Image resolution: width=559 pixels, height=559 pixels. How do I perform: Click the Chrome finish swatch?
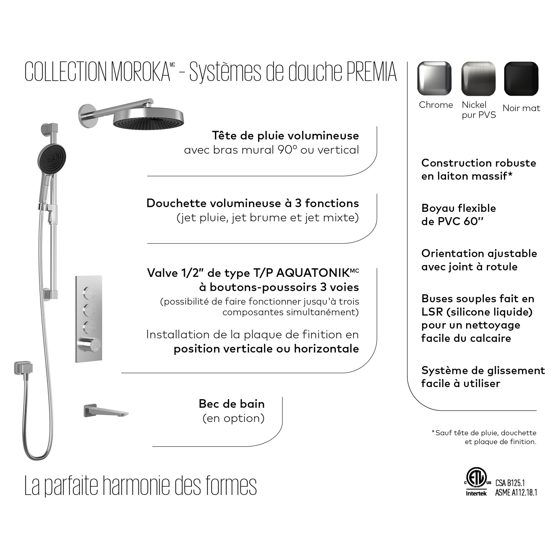click(434, 78)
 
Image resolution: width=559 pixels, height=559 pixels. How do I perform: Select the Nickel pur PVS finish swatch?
click(478, 79)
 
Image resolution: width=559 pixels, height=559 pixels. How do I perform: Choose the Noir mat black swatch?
click(521, 79)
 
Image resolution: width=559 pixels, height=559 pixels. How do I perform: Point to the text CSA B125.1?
click(510, 483)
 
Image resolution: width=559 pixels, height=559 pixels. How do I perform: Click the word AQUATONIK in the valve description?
click(313, 273)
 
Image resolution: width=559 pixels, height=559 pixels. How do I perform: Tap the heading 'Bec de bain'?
click(231, 404)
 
